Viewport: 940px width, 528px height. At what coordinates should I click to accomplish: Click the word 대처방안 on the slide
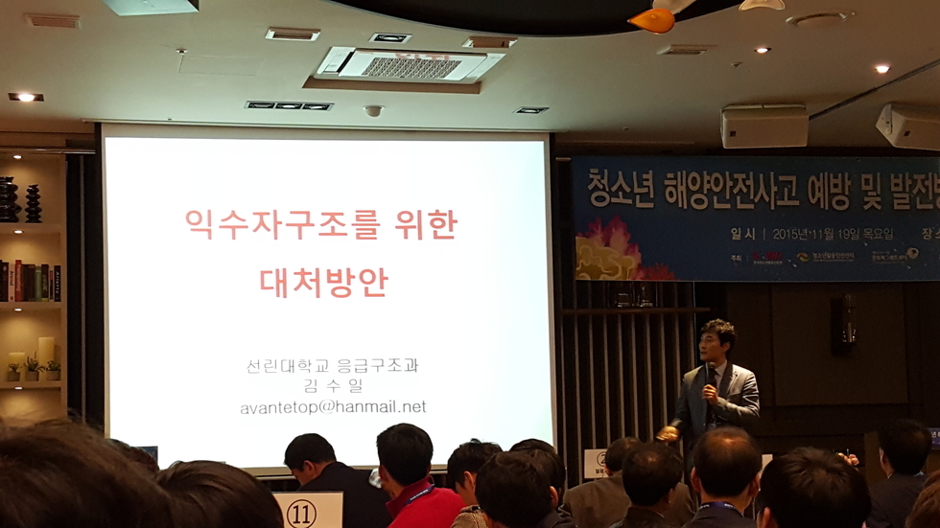pos(324,281)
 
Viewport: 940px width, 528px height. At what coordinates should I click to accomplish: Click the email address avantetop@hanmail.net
pos(333,407)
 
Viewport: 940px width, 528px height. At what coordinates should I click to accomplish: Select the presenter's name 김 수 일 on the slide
pos(332,386)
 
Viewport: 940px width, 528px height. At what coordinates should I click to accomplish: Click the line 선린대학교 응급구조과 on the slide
pos(332,365)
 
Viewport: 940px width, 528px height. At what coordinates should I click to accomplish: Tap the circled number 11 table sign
pos(300,513)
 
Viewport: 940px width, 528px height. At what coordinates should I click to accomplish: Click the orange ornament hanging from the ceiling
pos(652,20)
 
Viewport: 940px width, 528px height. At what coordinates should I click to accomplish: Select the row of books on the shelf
pos(30,281)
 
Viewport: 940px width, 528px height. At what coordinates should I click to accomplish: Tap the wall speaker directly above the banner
pos(764,126)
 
